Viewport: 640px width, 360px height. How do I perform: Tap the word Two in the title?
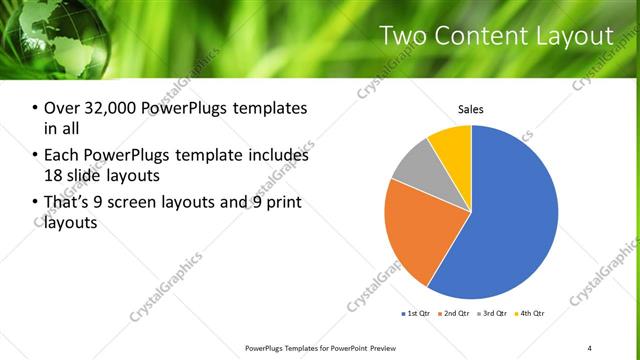404,37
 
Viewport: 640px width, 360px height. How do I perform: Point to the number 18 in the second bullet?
51,177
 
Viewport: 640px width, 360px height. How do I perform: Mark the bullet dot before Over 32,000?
35,108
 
